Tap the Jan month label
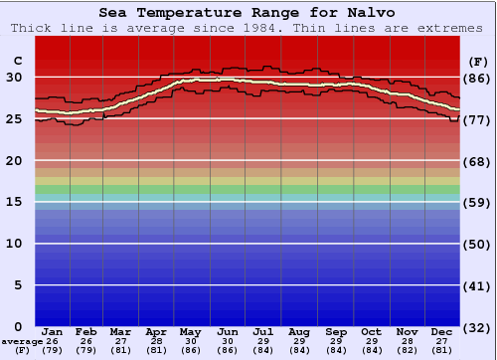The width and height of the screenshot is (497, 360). [x=53, y=331]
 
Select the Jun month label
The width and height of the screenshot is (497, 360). [x=228, y=331]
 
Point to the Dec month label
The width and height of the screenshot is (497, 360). [x=442, y=331]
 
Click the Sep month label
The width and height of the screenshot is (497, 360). [x=335, y=331]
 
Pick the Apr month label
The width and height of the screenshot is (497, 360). [x=156, y=331]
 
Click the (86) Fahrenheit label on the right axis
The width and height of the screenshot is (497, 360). [x=478, y=78]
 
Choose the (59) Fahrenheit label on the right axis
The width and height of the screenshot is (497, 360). [x=478, y=202]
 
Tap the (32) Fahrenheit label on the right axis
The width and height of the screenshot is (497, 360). [x=478, y=327]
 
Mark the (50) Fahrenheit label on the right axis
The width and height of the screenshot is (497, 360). [x=478, y=244]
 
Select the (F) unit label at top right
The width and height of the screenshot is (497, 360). [x=478, y=61]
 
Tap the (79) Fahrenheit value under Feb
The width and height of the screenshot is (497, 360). [x=86, y=350]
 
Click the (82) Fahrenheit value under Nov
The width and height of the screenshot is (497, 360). [x=407, y=350]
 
